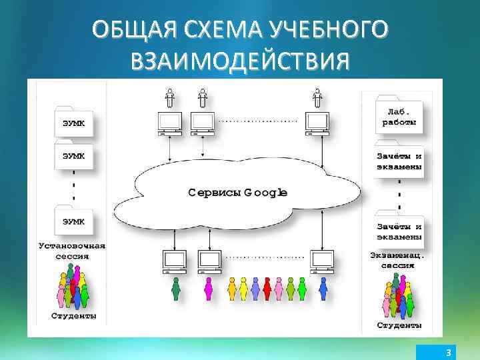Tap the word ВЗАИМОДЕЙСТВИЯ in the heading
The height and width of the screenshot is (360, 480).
pos(240,62)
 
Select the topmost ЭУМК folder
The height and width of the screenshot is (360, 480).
pos(73,122)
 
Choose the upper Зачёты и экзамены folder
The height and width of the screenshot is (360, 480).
pos(399,161)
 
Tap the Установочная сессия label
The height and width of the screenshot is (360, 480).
pos(71,250)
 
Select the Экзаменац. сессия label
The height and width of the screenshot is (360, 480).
pos(398,259)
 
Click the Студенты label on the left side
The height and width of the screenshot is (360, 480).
pos(73,315)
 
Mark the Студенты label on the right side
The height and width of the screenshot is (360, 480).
pos(399,325)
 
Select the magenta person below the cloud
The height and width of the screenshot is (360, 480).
pos(208,289)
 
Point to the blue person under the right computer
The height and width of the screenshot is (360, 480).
pos(323,289)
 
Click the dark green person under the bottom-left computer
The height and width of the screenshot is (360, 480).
pos(176,289)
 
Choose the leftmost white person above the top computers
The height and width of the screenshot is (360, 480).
pos(170,98)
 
